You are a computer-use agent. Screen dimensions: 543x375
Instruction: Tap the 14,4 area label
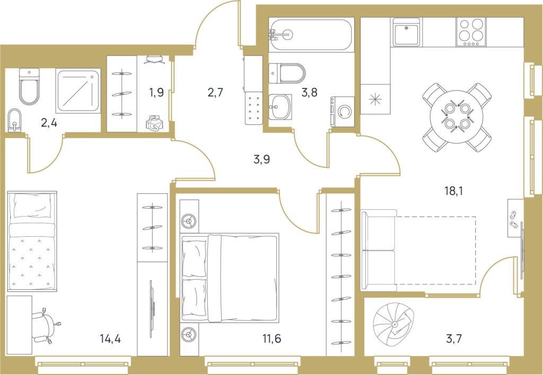(110, 338)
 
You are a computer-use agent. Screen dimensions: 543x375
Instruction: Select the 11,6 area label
(272, 338)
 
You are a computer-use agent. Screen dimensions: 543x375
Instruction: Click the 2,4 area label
(49, 122)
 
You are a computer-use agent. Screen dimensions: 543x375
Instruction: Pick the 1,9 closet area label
(156, 93)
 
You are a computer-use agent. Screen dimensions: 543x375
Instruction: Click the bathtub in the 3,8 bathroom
(311, 34)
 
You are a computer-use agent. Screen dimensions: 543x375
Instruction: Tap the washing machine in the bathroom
(343, 111)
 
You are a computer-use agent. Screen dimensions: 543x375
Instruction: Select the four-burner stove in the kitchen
(471, 31)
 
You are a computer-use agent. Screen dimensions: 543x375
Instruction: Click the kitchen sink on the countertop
(406, 31)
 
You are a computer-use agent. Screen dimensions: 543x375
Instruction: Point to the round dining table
(456, 117)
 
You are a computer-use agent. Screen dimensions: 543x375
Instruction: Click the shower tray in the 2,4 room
(78, 91)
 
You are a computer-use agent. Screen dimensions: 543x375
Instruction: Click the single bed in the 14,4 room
(32, 241)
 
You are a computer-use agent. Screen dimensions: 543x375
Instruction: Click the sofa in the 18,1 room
(379, 250)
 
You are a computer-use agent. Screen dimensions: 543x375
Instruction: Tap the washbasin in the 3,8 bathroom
(280, 106)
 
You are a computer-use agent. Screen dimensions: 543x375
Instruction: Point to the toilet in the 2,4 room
(29, 86)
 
